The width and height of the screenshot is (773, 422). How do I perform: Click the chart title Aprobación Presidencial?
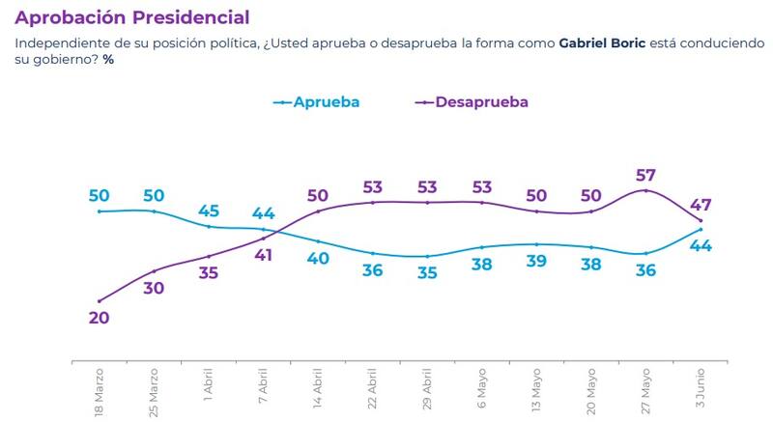pos(132,17)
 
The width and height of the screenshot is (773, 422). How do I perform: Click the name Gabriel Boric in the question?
pos(602,44)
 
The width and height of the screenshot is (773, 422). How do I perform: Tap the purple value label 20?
pos(99,317)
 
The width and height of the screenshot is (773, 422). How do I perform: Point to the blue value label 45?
pos(209,210)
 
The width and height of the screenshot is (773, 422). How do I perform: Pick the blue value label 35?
pos(427,272)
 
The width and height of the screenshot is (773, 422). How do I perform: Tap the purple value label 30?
pos(154,287)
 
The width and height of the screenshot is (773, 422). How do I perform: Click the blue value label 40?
pos(318,258)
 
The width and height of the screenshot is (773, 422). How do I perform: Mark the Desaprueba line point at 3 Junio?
pos(701,221)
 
